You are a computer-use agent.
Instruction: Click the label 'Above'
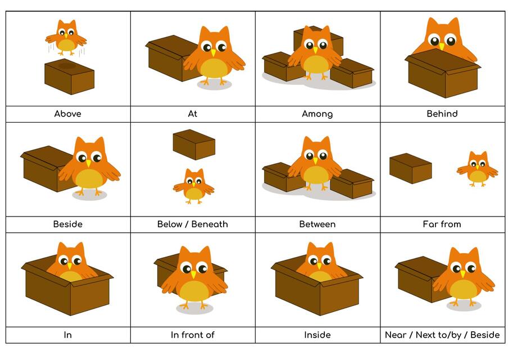67,114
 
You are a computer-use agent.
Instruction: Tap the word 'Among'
317,114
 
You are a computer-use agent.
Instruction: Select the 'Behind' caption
442,114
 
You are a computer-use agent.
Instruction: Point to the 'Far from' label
442,224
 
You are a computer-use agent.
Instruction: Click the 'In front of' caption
192,335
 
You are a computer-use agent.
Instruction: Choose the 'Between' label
317,224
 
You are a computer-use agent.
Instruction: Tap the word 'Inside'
317,335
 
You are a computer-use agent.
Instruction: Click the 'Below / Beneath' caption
192,224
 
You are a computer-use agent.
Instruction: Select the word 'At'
192,114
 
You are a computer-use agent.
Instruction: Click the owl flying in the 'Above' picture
66,37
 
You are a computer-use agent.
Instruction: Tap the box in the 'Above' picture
69,76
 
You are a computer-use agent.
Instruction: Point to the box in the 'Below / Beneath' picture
194,145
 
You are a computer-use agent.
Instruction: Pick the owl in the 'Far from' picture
477,169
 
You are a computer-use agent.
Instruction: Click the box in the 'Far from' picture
410,169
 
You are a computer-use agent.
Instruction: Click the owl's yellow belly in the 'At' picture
214,69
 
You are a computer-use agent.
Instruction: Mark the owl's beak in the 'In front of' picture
193,274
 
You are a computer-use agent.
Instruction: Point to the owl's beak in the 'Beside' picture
88,163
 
